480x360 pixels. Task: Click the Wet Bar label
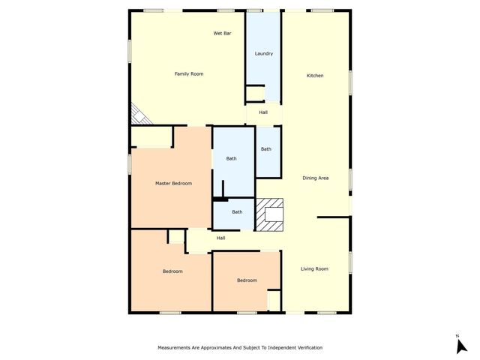[222, 34]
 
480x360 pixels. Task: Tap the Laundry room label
[263, 53]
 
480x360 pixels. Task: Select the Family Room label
[189, 73]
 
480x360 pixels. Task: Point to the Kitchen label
[315, 76]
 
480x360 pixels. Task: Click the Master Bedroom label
[173, 184]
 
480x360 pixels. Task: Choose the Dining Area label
[316, 178]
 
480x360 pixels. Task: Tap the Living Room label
[315, 268]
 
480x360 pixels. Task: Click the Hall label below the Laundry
[263, 112]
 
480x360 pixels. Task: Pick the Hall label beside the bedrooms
[221, 238]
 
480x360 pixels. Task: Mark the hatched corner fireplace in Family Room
[138, 114]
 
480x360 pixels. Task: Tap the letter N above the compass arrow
[457, 335]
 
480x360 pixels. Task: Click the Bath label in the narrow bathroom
[266, 149]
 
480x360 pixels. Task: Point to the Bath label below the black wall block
[237, 212]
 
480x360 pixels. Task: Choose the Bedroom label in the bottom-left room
[172, 271]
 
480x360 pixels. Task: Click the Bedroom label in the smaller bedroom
[247, 280]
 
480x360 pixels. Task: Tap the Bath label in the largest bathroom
[232, 158]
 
